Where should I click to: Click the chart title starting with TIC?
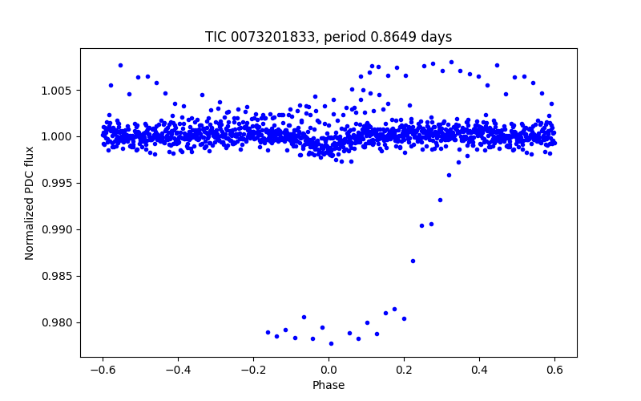click(x=329, y=37)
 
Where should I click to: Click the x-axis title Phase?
click(x=329, y=385)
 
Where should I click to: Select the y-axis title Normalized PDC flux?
click(x=30, y=203)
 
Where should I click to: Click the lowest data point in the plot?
click(x=331, y=343)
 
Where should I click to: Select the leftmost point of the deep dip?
click(x=268, y=332)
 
